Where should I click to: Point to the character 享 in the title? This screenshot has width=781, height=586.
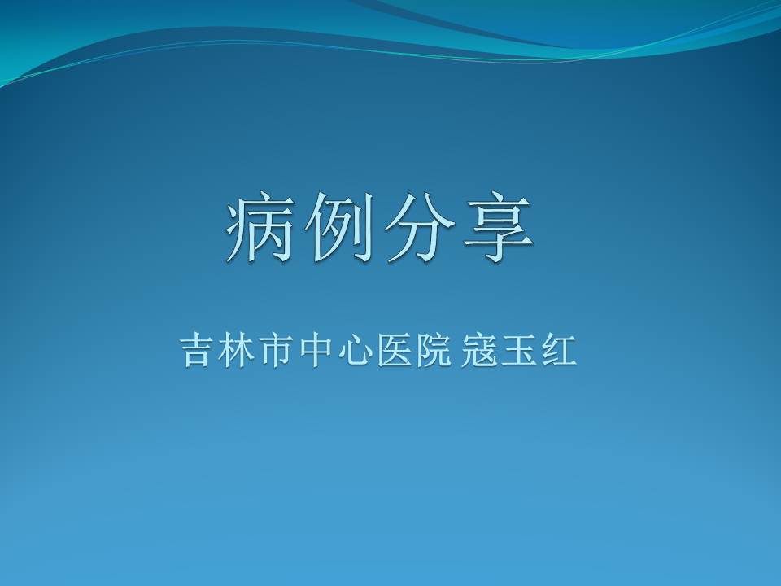498,227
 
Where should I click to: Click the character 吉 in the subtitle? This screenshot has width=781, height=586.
197,350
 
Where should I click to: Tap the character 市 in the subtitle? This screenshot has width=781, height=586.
277,350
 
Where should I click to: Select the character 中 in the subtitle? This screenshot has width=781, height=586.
316,350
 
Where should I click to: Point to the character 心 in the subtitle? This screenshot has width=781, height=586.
356,350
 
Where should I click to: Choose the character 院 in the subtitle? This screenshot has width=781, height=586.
434,350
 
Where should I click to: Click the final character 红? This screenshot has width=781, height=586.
559,350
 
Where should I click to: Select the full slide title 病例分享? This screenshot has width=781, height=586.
380,227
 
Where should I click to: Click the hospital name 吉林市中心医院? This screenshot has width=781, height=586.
316,350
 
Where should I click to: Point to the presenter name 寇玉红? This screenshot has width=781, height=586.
519,350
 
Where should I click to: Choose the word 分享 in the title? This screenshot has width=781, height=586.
459,227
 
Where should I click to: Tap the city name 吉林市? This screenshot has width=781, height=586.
237,350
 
